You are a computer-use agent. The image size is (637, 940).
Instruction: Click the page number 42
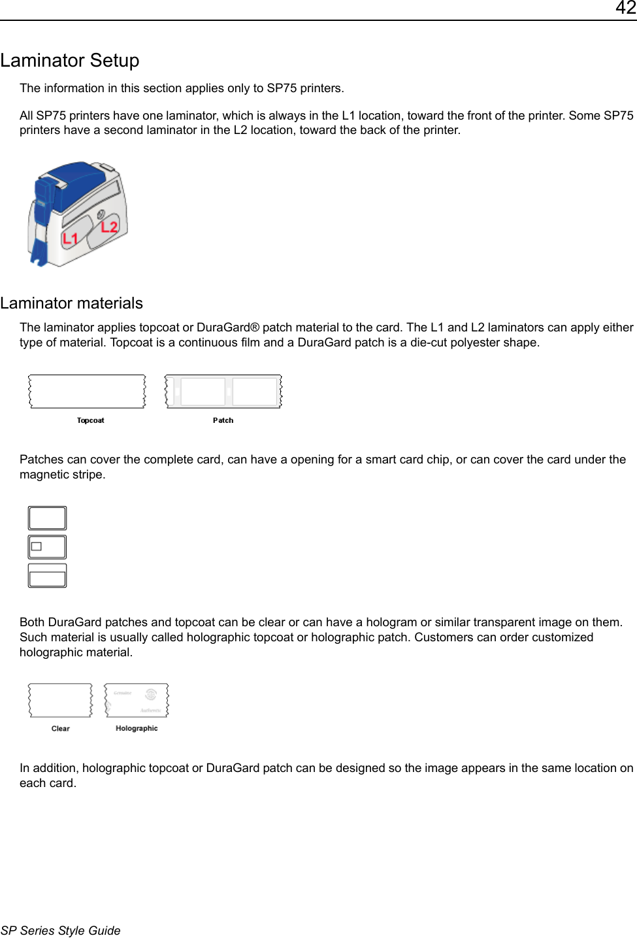pyautogui.click(x=625, y=8)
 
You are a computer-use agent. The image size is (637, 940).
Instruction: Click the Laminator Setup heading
pyautogui.click(x=70, y=61)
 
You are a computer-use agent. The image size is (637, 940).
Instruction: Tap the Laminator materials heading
pyautogui.click(x=72, y=303)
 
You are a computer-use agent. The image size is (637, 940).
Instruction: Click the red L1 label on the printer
pyautogui.click(x=70, y=239)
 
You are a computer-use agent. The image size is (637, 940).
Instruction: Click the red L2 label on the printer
pyautogui.click(x=109, y=227)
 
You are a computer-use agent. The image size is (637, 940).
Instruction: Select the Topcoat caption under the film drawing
pyautogui.click(x=90, y=420)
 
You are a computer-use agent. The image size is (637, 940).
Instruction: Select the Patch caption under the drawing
pyautogui.click(x=223, y=420)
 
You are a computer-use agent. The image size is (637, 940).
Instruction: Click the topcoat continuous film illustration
pyautogui.click(x=87, y=392)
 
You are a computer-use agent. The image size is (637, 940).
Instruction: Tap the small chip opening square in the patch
pyautogui.click(x=37, y=546)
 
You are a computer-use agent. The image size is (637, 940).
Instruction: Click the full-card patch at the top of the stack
pyautogui.click(x=47, y=518)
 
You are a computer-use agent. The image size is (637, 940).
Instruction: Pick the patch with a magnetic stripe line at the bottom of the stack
pyautogui.click(x=47, y=576)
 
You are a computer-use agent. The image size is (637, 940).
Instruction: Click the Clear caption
pyautogui.click(x=60, y=728)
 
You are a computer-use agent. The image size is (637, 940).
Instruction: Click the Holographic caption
pyautogui.click(x=137, y=728)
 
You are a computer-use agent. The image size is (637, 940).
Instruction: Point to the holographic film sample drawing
pyautogui.click(x=137, y=701)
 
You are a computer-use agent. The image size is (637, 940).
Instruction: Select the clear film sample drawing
pyautogui.click(x=60, y=701)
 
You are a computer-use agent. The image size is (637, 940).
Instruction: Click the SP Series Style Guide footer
pyautogui.click(x=61, y=930)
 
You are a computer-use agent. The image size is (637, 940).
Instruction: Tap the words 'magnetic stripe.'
pyautogui.click(x=62, y=475)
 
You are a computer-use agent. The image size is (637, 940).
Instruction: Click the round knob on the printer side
pyautogui.click(x=101, y=214)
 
